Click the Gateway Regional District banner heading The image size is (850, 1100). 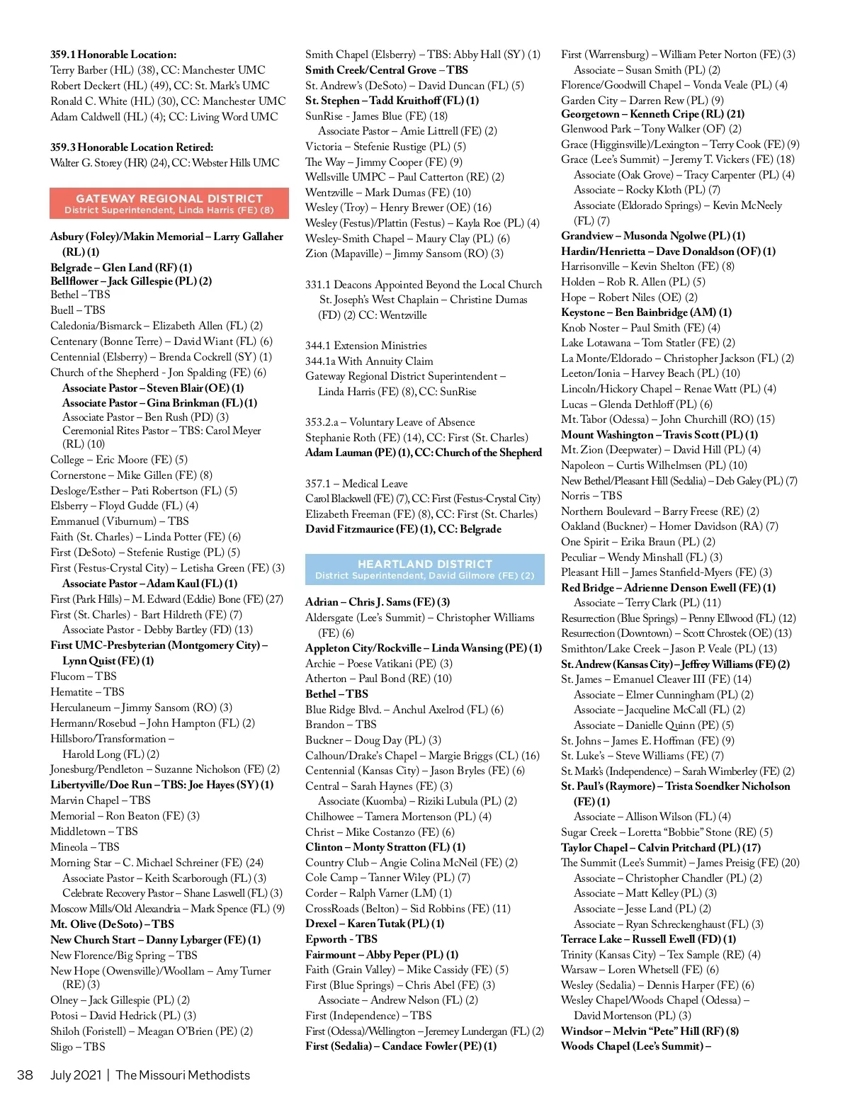169,198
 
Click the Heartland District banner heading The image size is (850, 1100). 424,564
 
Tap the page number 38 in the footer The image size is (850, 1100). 25,1075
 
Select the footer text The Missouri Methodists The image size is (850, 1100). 183,1075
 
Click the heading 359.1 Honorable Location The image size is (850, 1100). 113,55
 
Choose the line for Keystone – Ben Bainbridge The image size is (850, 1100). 646,312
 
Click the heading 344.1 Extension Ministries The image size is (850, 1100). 365,346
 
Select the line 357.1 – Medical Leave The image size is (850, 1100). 356,483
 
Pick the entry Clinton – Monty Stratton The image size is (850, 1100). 385,847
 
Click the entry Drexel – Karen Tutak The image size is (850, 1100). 375,924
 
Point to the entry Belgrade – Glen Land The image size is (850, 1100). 121,268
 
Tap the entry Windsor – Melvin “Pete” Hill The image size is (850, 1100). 650,1031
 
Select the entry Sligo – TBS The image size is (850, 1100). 78,1047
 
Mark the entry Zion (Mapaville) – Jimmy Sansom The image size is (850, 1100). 404,254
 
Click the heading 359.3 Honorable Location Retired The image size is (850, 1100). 132,147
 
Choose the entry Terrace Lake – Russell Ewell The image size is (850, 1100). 648,939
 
